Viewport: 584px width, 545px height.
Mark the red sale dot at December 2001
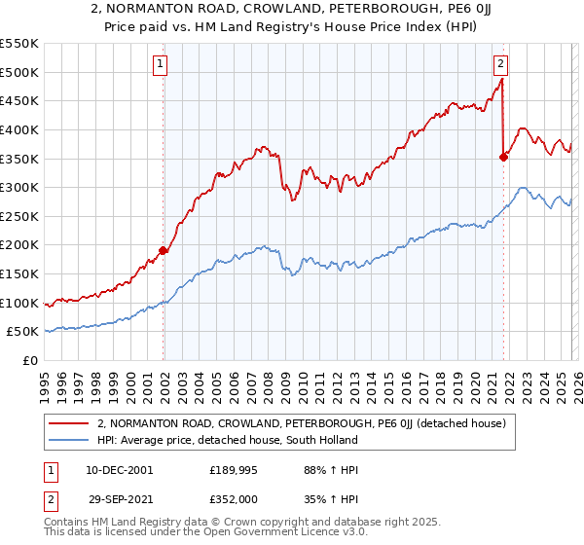click(163, 251)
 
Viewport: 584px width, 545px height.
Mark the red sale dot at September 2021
click(503, 157)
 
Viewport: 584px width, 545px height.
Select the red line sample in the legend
click(70, 424)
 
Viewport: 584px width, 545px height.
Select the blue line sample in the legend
click(70, 440)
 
